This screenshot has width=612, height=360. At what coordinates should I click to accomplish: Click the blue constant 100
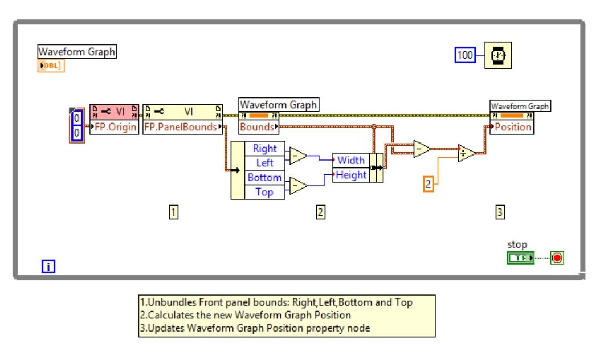(466, 55)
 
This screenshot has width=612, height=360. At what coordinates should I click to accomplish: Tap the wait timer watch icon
(498, 55)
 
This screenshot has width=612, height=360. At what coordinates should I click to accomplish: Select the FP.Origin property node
(114, 127)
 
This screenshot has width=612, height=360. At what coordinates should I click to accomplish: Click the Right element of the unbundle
(264, 149)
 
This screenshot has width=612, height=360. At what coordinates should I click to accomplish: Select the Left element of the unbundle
(264, 163)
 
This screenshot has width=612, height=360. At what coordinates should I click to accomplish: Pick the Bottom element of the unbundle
(264, 178)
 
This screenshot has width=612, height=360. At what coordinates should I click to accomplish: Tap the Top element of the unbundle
(264, 192)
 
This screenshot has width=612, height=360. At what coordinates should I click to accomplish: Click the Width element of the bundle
(351, 161)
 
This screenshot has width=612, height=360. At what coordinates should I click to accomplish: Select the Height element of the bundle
(351, 175)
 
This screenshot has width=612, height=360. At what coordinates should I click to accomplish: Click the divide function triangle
(466, 153)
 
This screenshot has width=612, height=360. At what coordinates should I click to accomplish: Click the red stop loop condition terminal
(557, 258)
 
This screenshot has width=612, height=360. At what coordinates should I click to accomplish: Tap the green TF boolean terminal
(520, 258)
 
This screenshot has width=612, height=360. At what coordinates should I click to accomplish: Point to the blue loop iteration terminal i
(48, 265)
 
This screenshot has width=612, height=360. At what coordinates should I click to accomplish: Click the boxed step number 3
(500, 212)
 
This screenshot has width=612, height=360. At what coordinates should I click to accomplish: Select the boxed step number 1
(174, 212)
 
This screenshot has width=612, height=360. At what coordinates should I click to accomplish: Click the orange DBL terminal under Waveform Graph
(51, 66)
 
